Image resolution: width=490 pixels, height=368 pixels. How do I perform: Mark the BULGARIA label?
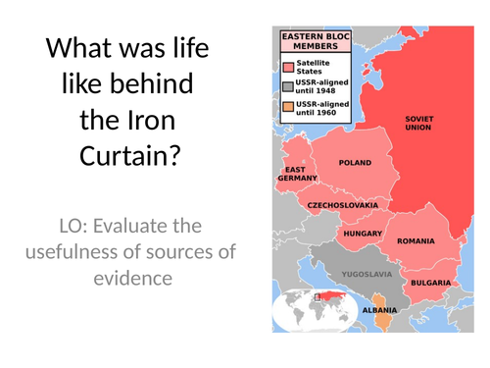click(431, 283)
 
